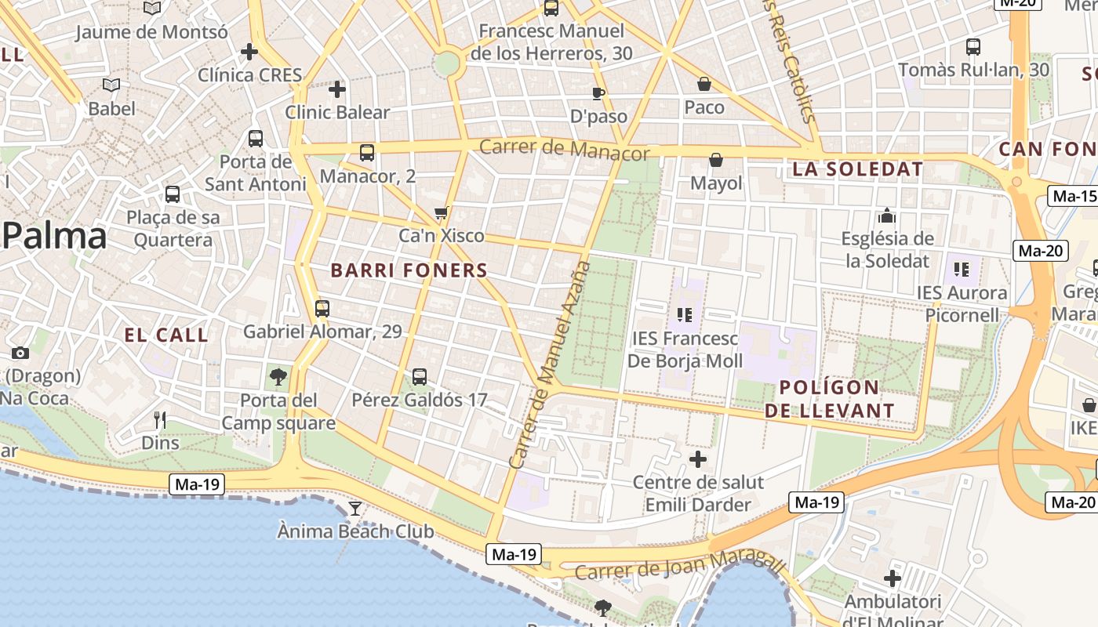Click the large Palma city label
pos(54,236)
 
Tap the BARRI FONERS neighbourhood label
pos(409,270)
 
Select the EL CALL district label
pos(166,335)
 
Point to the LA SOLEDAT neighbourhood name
pos(857,169)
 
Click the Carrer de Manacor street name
pos(564,149)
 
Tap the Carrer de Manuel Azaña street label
pos(550,364)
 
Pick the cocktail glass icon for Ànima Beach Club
pos(355,509)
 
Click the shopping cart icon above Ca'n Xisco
pos(442,212)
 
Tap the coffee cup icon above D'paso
pos(598,94)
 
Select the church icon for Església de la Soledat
pos(887,216)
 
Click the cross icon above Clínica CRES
pos(249,52)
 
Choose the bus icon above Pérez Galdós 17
pos(420,377)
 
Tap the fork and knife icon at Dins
pos(160,420)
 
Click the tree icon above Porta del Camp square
pos(278,377)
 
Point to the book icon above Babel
pos(111,85)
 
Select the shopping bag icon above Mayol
pos(716,160)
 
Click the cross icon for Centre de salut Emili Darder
pos(697,459)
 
